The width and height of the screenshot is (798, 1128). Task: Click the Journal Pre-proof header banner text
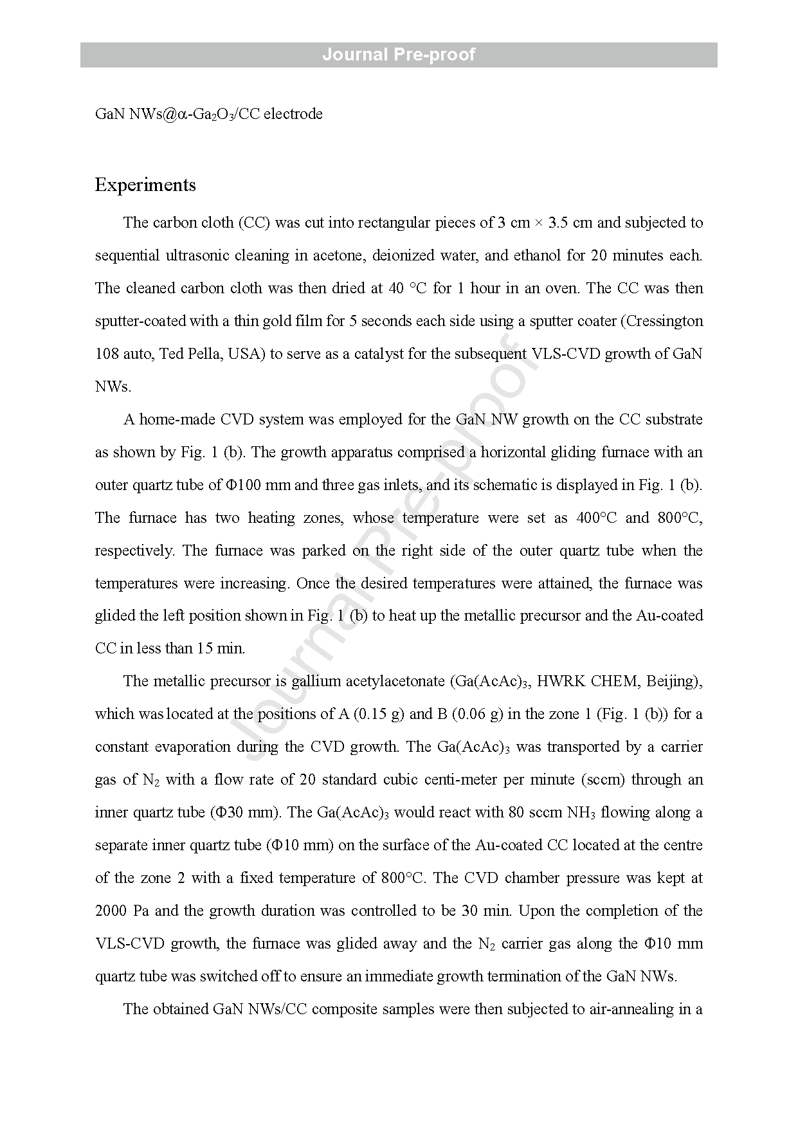click(x=399, y=55)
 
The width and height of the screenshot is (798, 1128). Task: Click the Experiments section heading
click(x=145, y=185)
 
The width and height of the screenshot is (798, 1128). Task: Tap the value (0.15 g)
click(x=379, y=714)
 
